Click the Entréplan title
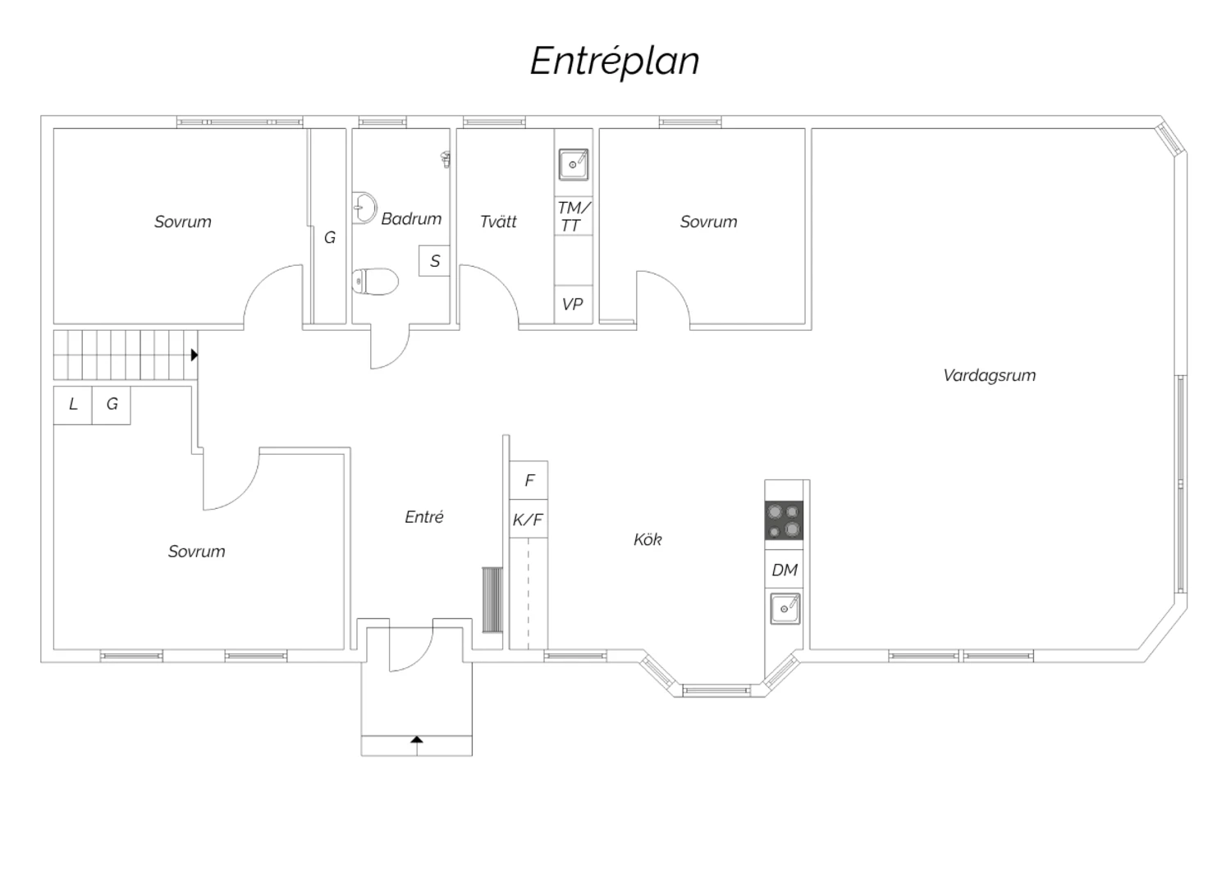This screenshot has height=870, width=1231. tap(615, 62)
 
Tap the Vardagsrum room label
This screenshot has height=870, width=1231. tap(989, 375)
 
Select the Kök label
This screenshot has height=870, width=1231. tap(648, 539)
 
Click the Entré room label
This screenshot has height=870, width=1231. tap(423, 516)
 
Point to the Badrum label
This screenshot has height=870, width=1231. tap(411, 219)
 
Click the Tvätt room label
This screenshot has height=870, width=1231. tap(498, 222)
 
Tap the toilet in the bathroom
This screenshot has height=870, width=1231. tap(375, 282)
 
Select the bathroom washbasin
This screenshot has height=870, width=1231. tap(364, 208)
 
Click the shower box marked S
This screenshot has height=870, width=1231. tap(434, 260)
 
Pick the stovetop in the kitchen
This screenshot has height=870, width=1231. tap(784, 520)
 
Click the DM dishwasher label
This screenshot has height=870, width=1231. tap(785, 570)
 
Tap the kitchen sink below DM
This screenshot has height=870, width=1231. tap(785, 608)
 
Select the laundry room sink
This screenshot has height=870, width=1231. tap(573, 164)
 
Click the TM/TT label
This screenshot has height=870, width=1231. tap(573, 217)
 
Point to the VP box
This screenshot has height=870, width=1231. tap(573, 304)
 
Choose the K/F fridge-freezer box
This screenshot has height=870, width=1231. tap(529, 519)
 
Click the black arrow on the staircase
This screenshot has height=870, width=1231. tap(194, 355)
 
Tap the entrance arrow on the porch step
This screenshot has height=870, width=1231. tap(417, 739)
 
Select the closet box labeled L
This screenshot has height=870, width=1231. tap(72, 405)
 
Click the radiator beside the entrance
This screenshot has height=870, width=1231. tap(492, 600)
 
